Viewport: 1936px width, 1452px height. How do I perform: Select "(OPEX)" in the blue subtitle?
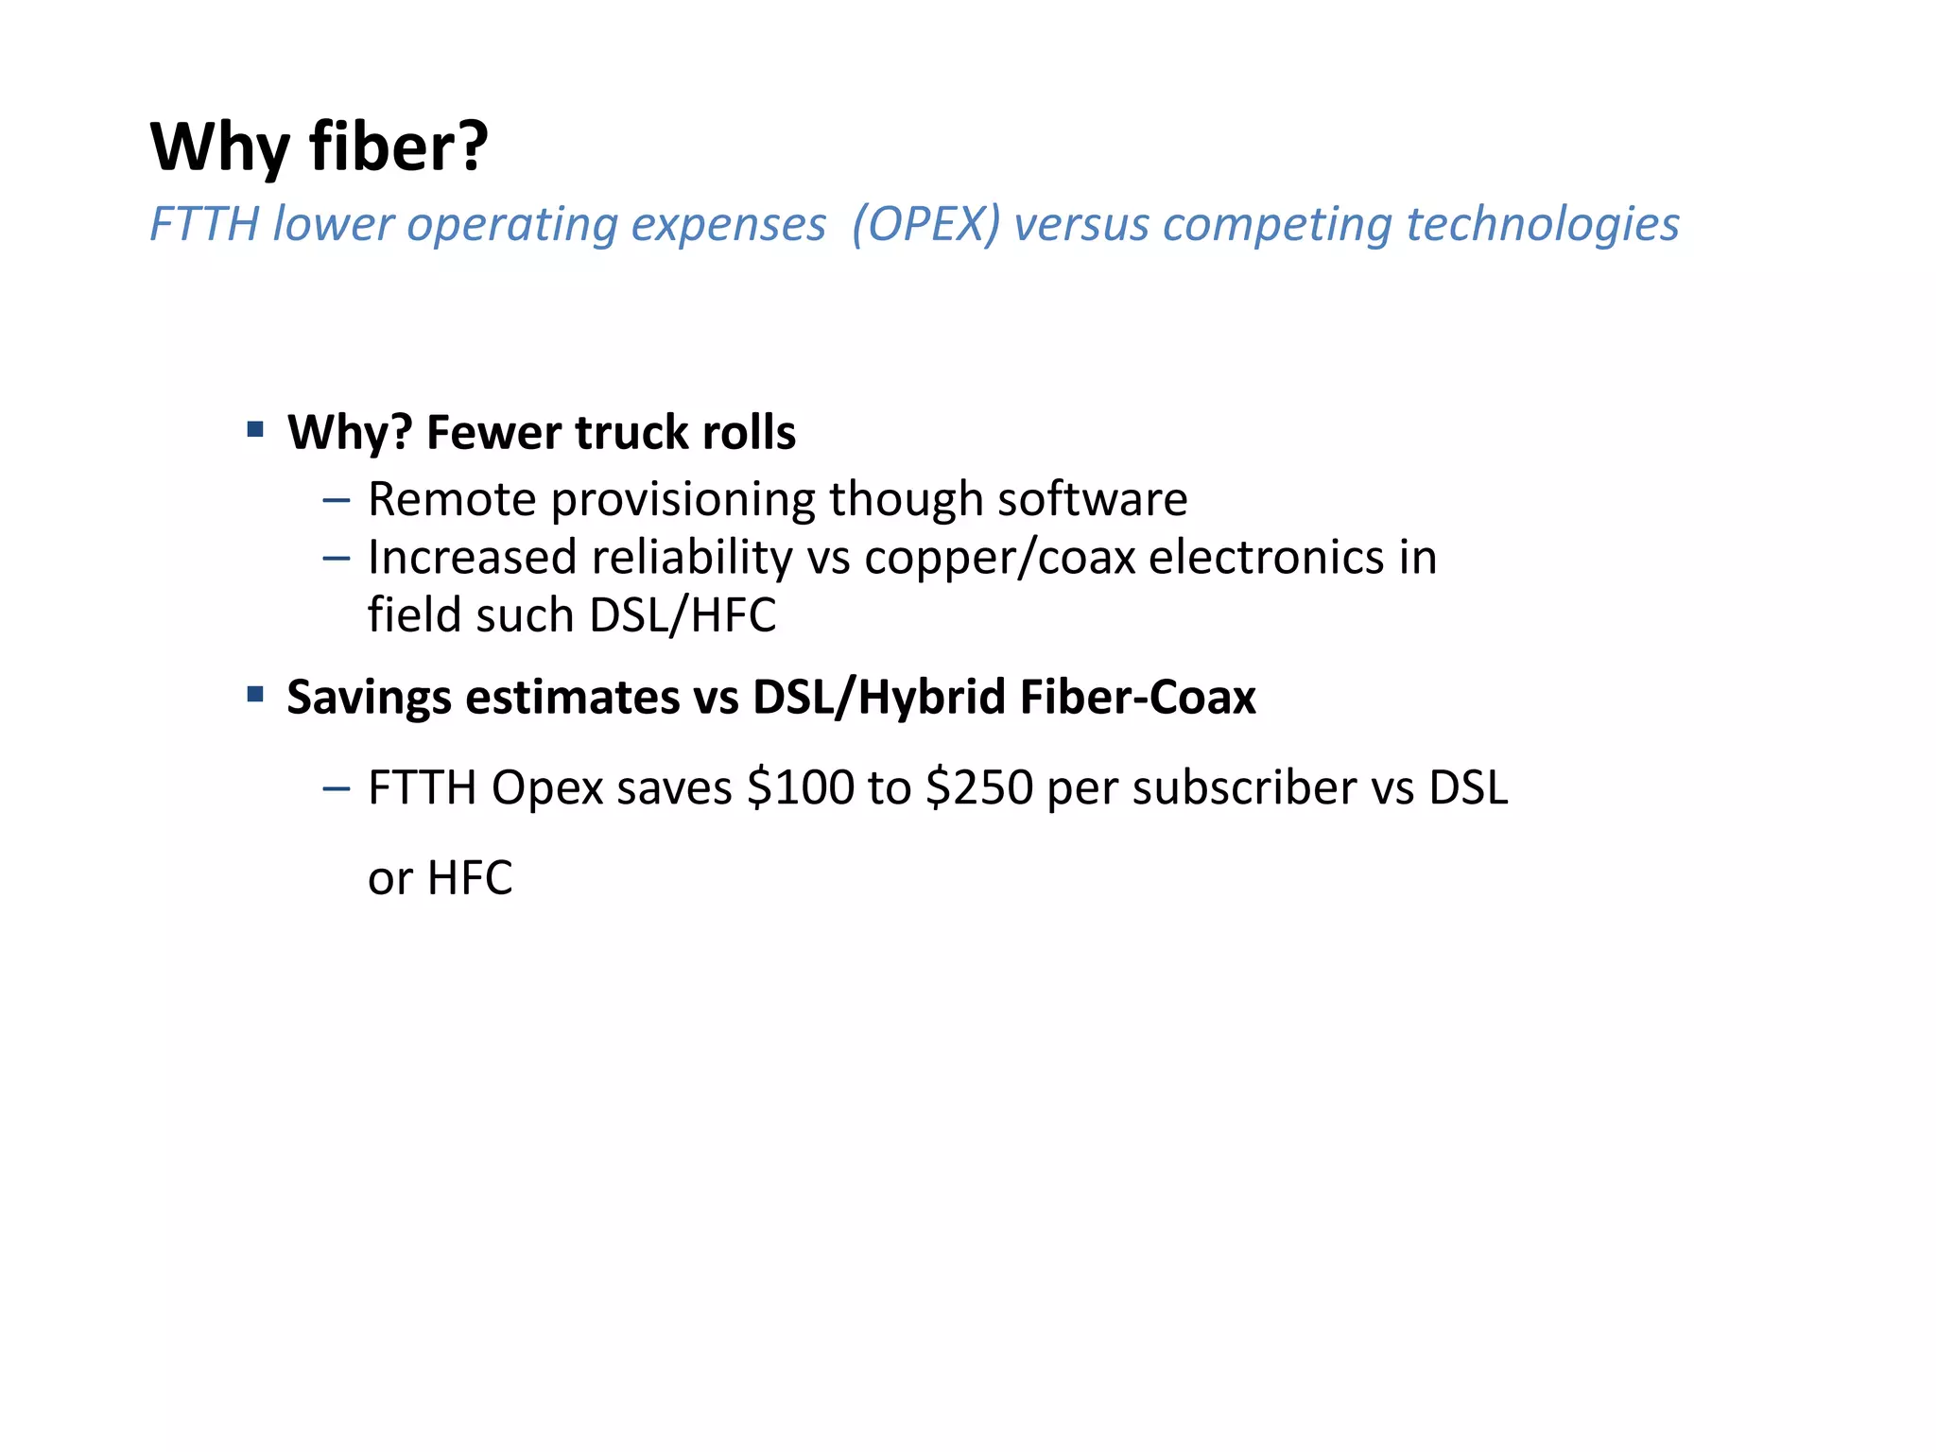tap(925, 225)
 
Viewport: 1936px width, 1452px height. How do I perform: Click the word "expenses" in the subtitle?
tap(728, 225)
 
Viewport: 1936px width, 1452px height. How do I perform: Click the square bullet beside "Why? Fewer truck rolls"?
tap(254, 430)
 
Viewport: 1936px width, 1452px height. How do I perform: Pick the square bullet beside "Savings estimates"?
tap(254, 695)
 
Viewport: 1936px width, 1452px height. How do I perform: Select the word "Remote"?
tap(452, 499)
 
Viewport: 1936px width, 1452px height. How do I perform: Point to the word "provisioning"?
tap(683, 501)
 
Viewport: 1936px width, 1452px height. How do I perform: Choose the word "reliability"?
tap(692, 558)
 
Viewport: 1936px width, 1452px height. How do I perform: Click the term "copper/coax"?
tap(999, 558)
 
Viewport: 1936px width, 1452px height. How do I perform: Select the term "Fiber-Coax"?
tap(1137, 698)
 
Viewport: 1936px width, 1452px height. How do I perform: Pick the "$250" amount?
tap(979, 787)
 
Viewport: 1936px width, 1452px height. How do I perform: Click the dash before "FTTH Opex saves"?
tap(336, 787)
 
